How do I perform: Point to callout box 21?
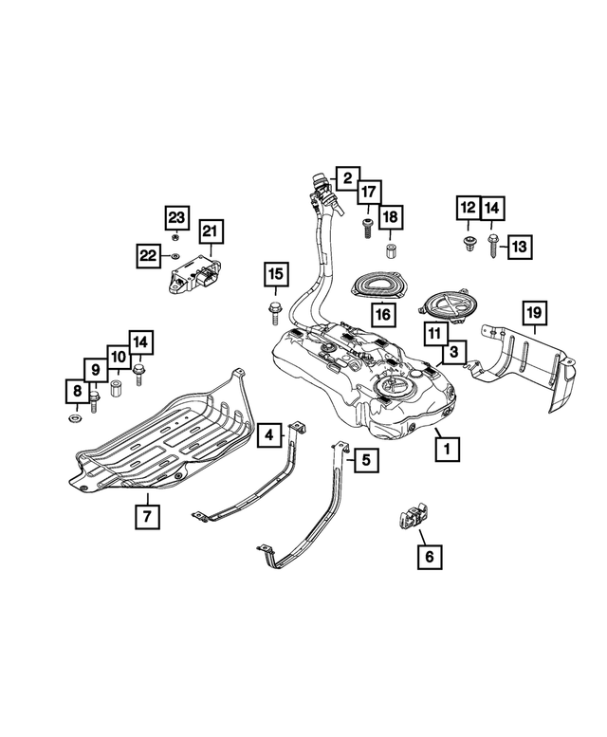(209, 230)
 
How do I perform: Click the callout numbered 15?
(274, 276)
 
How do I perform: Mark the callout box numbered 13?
(521, 247)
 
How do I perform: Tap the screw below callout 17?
(366, 226)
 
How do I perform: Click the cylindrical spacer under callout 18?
(389, 252)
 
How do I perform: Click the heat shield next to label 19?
(526, 365)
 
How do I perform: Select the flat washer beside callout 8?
(75, 418)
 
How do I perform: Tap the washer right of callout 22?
(175, 255)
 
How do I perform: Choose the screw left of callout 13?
(492, 247)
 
